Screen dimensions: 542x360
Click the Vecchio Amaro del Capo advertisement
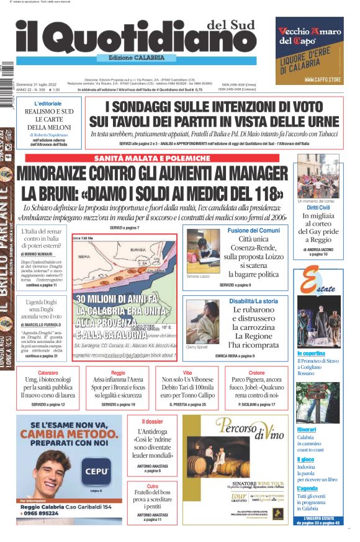click(x=309, y=50)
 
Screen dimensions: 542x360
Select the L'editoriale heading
click(x=48, y=103)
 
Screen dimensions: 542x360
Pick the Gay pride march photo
click(x=318, y=175)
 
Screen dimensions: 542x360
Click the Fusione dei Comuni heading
click(x=253, y=231)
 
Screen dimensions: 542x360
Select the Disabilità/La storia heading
click(x=253, y=301)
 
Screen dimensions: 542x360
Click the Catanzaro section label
click(x=48, y=373)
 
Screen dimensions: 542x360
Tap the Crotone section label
click(x=256, y=373)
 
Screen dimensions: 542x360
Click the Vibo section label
click(x=187, y=373)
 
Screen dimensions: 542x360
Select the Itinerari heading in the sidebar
click(x=307, y=429)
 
